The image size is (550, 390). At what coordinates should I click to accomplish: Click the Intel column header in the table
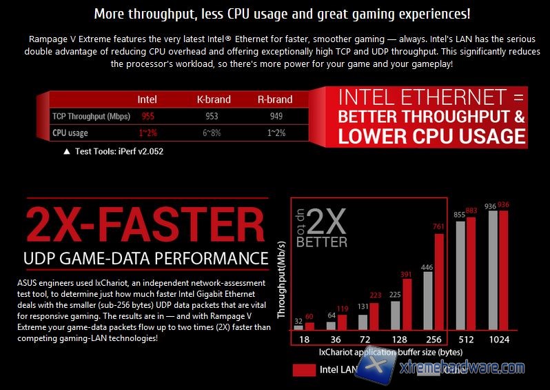pos(147,99)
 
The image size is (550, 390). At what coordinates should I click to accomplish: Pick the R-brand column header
pos(275,99)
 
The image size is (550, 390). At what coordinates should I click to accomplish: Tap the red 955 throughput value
pos(147,116)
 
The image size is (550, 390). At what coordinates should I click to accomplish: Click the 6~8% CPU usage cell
pos(212,133)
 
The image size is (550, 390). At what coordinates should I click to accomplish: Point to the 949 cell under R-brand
pos(276,116)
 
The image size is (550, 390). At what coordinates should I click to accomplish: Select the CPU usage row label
pos(70,133)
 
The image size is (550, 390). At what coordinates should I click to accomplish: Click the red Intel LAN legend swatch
pos(304,369)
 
